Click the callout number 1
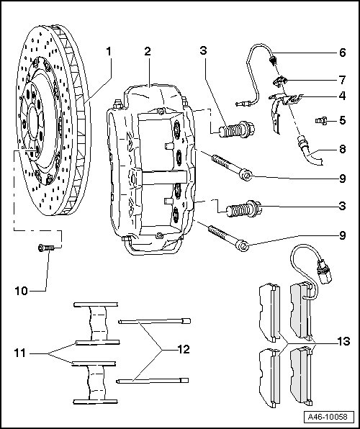point(109,51)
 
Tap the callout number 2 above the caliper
point(148,51)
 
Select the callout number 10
point(21,291)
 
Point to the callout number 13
point(343,341)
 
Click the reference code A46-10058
point(327,417)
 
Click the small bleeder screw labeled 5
point(321,120)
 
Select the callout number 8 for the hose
point(343,149)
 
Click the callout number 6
point(343,53)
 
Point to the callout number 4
point(342,96)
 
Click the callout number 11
point(20,353)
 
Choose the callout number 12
point(184,349)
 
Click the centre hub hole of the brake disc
point(33,122)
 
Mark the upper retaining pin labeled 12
point(154,321)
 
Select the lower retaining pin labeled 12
point(153,381)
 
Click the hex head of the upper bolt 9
point(246,175)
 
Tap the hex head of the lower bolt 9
point(243,245)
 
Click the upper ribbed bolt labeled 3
point(237,129)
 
